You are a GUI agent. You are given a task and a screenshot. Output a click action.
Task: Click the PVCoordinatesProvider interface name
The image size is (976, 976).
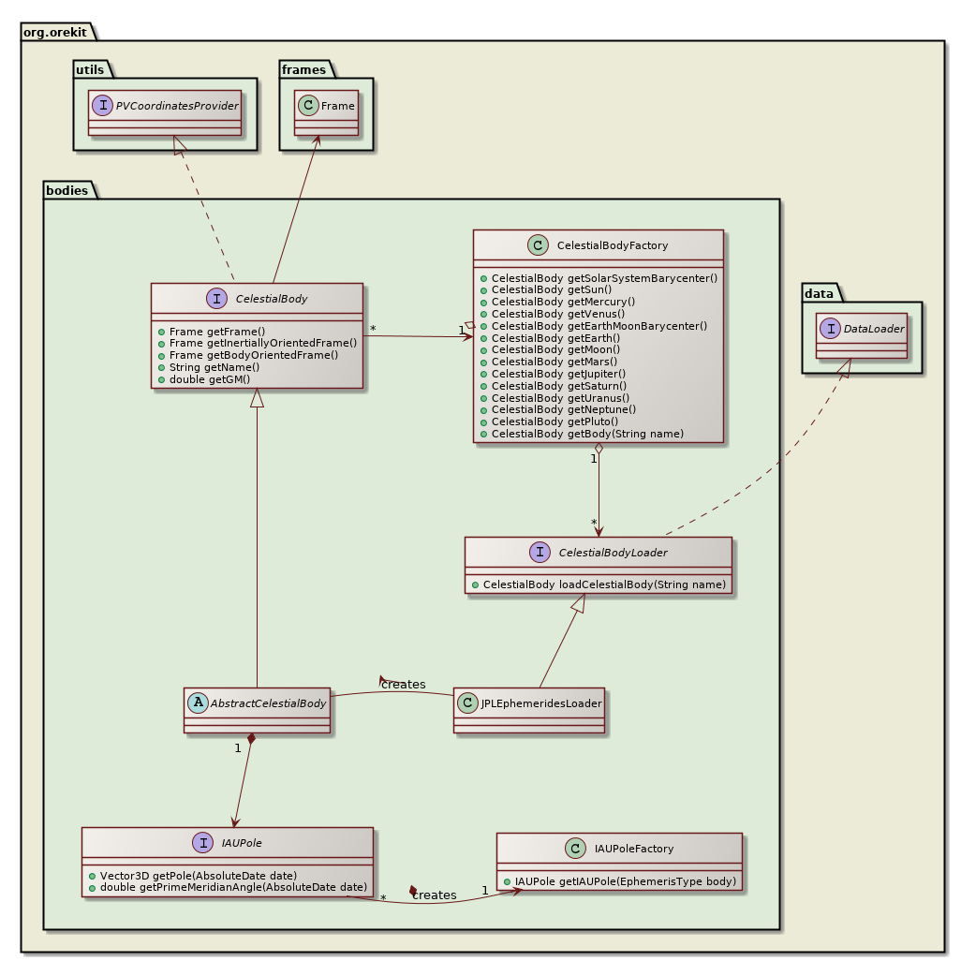tap(177, 104)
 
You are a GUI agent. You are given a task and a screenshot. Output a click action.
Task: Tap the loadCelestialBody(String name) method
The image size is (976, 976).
tap(604, 584)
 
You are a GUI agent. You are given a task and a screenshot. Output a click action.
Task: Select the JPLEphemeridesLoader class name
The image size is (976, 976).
tap(540, 702)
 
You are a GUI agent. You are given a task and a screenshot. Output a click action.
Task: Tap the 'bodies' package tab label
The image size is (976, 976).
tap(69, 189)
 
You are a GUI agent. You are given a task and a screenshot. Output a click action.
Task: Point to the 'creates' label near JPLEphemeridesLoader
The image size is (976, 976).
tap(403, 685)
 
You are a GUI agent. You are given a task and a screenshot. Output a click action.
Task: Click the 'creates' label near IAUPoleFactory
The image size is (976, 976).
tap(434, 895)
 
